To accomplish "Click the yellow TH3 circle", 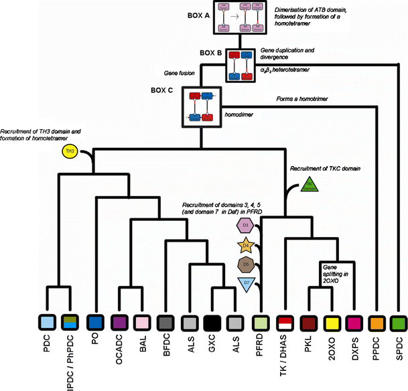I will click(x=70, y=152).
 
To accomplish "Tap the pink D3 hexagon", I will click(x=247, y=226).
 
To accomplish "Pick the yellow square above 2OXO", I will click(x=330, y=322).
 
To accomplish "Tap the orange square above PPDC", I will click(x=377, y=322).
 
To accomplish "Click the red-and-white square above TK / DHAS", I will click(x=285, y=322).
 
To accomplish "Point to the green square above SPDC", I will click(x=400, y=322).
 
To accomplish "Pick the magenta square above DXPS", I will click(x=354, y=322).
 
